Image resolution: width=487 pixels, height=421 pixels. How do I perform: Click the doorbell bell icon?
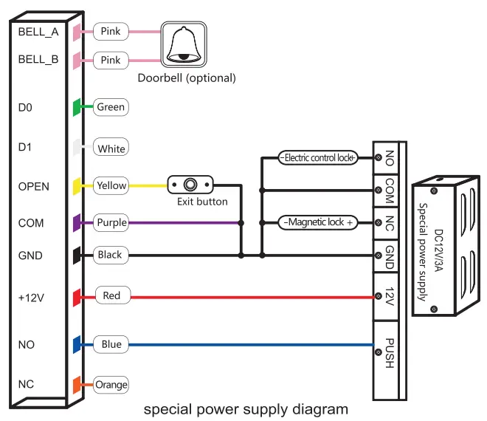(x=184, y=46)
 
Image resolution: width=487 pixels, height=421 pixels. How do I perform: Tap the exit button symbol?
(x=190, y=185)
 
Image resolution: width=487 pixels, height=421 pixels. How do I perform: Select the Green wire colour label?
(x=111, y=107)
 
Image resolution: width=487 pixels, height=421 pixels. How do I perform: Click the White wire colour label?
(x=111, y=148)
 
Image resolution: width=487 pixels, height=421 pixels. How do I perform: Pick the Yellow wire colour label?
(x=111, y=185)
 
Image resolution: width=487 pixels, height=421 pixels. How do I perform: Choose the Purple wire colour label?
(x=111, y=222)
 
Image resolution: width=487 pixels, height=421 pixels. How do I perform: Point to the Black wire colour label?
(x=110, y=255)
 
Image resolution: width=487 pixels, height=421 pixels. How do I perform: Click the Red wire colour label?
(x=111, y=296)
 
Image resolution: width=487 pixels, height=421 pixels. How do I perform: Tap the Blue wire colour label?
(x=111, y=344)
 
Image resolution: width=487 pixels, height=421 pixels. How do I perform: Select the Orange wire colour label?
(x=111, y=384)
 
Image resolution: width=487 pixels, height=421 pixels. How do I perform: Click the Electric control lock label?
(x=317, y=157)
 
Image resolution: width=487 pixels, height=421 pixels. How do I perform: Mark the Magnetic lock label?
(x=317, y=222)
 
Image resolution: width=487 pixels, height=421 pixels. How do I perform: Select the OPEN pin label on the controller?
(x=34, y=186)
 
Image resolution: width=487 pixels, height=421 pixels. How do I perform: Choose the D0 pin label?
(x=25, y=108)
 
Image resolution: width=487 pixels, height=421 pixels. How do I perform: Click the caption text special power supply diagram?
(x=245, y=408)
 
